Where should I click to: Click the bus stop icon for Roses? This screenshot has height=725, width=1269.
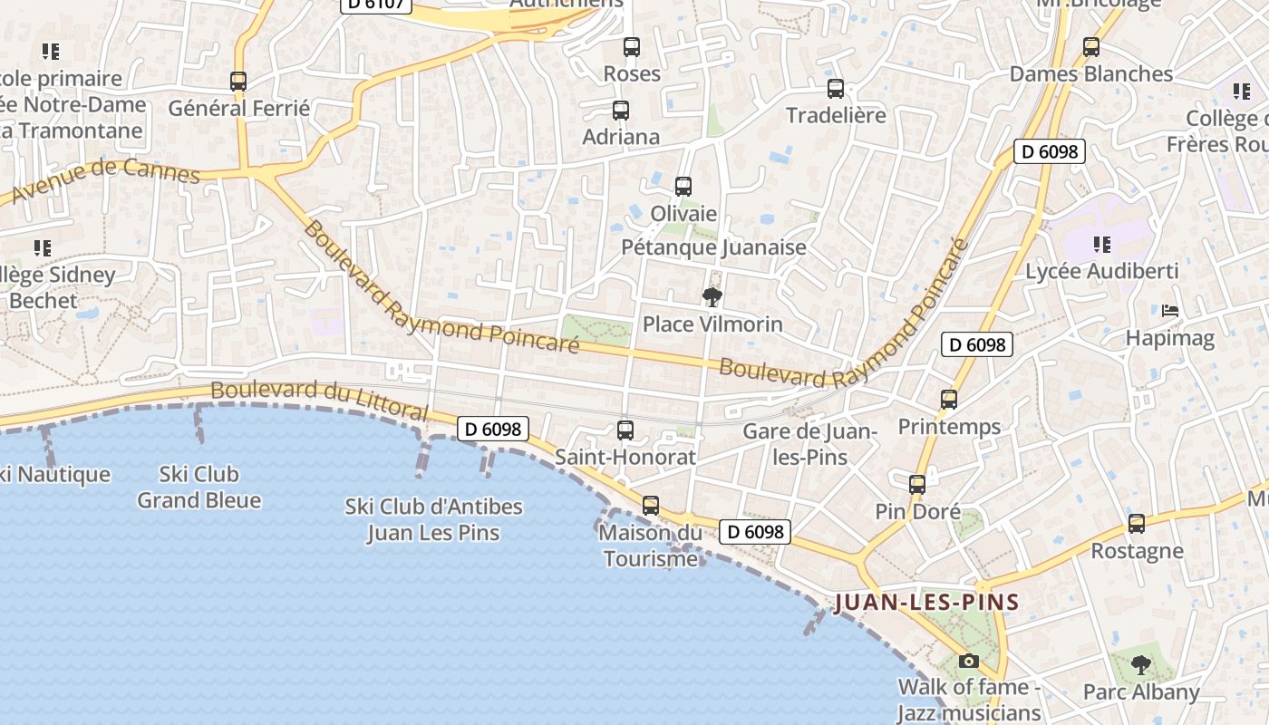(x=632, y=46)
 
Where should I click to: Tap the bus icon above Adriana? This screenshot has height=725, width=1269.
(x=621, y=111)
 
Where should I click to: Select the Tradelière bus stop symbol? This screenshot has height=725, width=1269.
(x=836, y=89)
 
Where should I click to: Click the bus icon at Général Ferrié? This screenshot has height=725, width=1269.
(x=238, y=82)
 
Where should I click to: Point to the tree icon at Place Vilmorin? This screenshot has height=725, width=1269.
(x=712, y=296)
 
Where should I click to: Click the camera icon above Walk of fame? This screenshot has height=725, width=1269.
(x=969, y=661)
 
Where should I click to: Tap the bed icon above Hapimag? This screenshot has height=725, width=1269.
(x=1170, y=311)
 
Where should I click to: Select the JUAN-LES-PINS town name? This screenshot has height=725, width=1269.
(x=926, y=602)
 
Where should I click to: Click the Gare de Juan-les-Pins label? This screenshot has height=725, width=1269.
(x=809, y=444)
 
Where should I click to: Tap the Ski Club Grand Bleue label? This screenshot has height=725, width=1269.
(x=199, y=487)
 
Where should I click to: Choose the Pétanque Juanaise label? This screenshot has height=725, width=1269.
(x=713, y=247)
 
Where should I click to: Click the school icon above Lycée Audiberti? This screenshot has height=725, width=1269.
(x=1102, y=244)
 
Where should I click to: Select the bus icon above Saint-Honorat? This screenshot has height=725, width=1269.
(x=625, y=430)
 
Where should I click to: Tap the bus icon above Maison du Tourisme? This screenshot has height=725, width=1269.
(x=651, y=506)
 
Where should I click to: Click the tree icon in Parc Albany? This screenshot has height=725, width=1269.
(x=1141, y=665)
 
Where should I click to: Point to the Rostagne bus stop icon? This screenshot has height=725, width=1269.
(x=1137, y=524)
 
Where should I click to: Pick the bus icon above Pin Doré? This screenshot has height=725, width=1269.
(x=917, y=485)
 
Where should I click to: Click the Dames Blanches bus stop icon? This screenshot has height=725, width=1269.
(x=1091, y=47)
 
